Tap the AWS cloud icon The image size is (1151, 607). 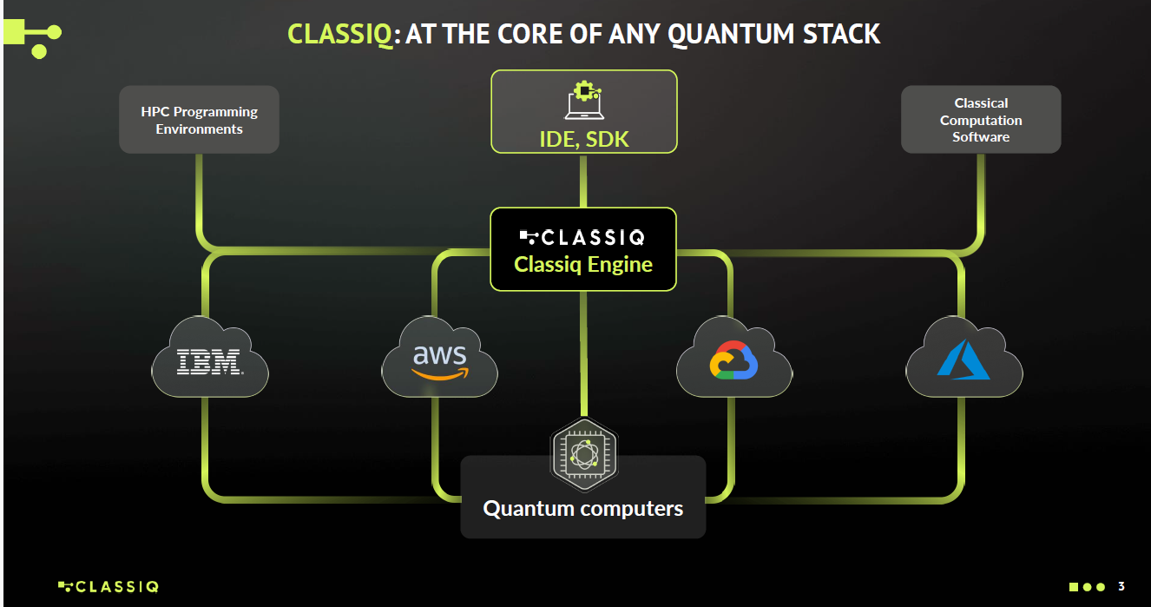(440, 360)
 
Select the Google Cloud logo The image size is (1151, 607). (734, 360)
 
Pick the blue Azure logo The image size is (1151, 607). (964, 360)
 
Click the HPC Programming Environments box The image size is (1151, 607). (199, 120)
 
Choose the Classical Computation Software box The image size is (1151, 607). (981, 120)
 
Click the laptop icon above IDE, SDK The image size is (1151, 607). (583, 101)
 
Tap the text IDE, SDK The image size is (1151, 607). (583, 139)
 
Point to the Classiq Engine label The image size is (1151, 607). (583, 264)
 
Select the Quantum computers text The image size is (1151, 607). (583, 508)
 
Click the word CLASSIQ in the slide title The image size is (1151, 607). (339, 34)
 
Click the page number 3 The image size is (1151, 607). (1121, 586)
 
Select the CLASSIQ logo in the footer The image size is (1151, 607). (109, 586)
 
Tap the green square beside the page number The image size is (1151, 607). (1074, 587)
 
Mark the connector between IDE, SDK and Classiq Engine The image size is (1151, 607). (583, 181)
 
